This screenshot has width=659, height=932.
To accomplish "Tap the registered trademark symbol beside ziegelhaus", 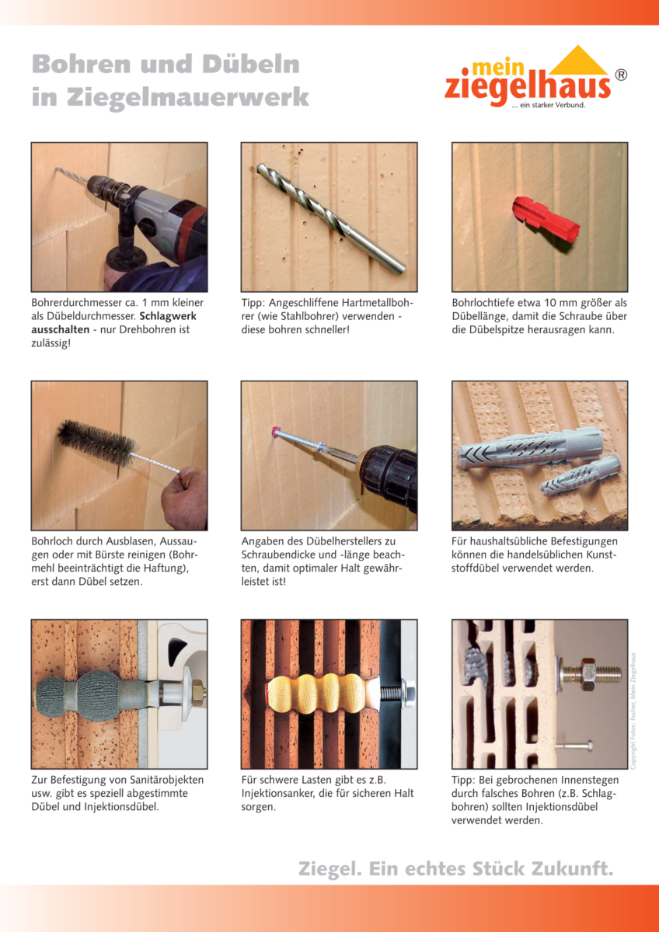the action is tap(621, 75).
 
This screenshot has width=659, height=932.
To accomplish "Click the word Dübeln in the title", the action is tap(251, 64).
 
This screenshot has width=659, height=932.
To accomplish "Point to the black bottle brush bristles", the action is tap(96, 441).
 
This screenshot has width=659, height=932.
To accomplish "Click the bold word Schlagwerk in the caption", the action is tap(168, 316).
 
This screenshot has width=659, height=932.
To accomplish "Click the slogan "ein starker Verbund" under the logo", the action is tap(549, 106).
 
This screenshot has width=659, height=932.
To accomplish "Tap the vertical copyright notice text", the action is tap(633, 711).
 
